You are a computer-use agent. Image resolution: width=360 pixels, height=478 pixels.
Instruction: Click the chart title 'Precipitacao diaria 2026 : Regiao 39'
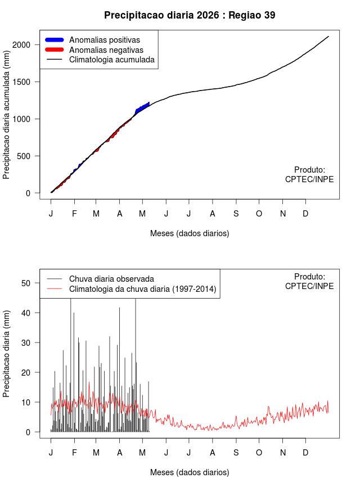coord(190,15)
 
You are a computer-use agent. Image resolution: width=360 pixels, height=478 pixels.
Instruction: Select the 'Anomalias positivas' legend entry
coord(92,40)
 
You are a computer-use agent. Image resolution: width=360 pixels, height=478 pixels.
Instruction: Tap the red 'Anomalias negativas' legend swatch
coord(54,49)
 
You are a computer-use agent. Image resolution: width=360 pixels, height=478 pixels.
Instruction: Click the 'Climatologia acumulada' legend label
coord(112,60)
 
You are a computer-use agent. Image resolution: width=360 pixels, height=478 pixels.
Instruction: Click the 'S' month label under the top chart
coord(236,214)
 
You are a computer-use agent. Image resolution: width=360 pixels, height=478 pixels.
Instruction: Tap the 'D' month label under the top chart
coord(305,214)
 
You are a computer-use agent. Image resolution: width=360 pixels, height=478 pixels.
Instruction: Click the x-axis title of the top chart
coord(190,233)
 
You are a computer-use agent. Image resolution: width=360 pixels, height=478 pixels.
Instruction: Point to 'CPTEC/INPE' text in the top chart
coord(309,179)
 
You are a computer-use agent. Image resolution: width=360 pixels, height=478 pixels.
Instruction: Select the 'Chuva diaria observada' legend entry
coord(100,279)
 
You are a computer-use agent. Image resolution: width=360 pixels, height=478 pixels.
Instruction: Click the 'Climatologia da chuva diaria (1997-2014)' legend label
coord(143,288)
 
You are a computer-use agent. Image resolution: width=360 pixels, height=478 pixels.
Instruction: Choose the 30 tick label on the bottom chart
coord(26,342)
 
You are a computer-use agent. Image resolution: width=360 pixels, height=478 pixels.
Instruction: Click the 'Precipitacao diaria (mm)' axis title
coord(6,354)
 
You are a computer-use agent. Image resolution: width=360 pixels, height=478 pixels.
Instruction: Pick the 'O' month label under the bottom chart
coord(259,453)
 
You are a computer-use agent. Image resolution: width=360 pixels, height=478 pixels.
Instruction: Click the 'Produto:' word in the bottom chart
coord(310,277)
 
